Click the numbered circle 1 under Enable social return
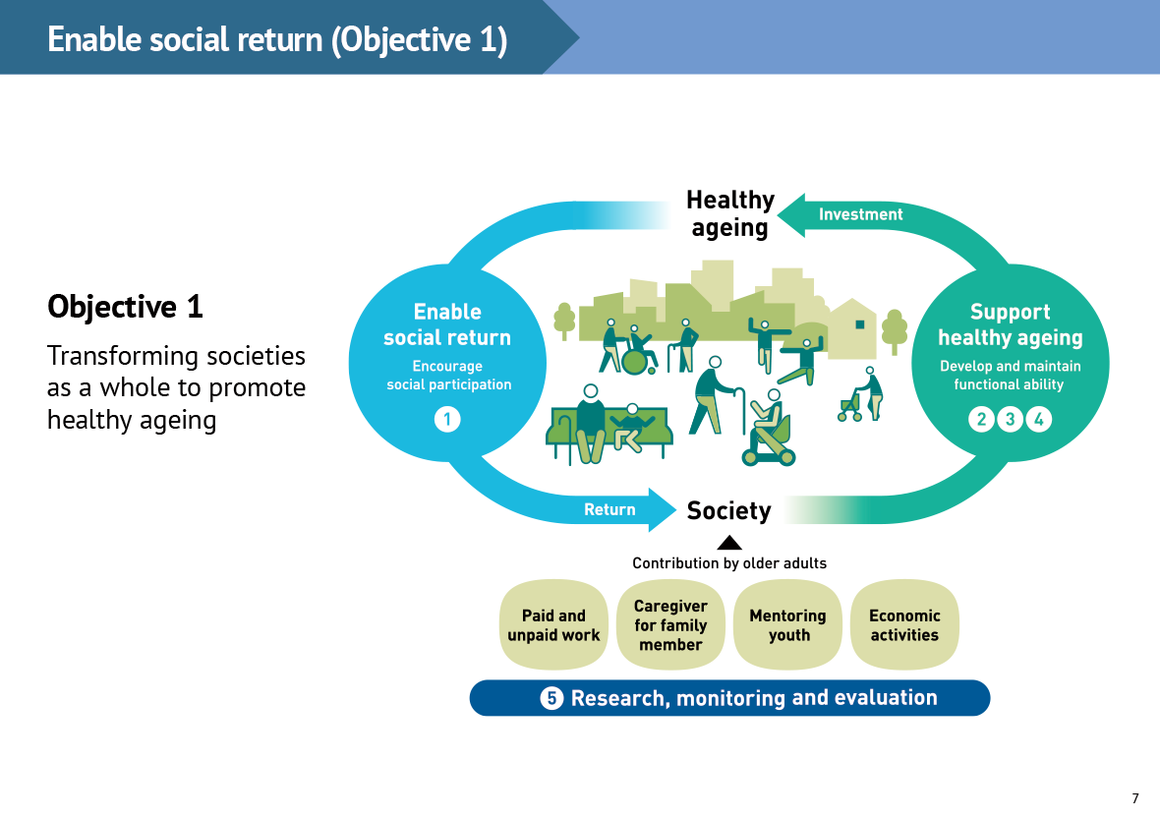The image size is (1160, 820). [447, 420]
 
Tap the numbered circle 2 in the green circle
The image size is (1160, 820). [981, 420]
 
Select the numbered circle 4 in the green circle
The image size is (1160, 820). [1038, 420]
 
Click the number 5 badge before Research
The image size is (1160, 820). [551, 698]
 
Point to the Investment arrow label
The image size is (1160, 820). [860, 214]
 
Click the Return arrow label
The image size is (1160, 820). [609, 509]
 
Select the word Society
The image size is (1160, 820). [728, 510]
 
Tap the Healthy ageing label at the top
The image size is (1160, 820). [729, 213]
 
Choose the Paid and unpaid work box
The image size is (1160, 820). [553, 625]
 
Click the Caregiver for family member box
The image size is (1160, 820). [670, 625]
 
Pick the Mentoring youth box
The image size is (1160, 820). [787, 625]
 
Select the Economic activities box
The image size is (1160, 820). [904, 625]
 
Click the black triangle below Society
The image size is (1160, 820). [729, 542]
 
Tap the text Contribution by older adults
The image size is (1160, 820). [729, 563]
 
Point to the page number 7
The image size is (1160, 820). [1135, 798]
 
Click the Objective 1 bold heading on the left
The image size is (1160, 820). [125, 307]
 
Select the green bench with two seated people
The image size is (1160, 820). [607, 431]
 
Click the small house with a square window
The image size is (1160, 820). [852, 328]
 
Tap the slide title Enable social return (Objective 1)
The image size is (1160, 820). [277, 39]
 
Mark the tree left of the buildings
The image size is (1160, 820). [564, 320]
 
